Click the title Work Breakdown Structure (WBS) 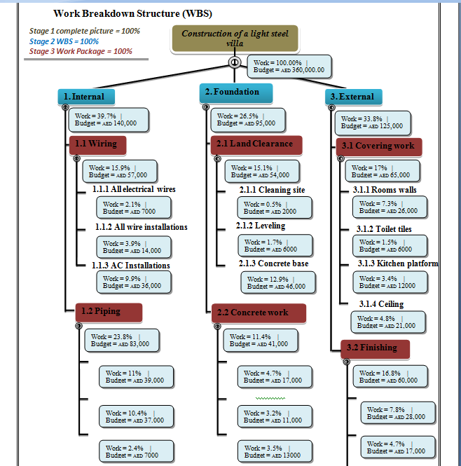tap(132, 13)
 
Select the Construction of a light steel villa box tap(235, 39)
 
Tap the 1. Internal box tap(85, 97)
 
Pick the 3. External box tap(353, 97)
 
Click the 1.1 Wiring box tap(97, 145)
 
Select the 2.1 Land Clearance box tap(256, 144)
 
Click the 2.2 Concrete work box tap(259, 313)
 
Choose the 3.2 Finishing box tap(375, 348)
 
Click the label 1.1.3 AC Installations tap(132, 266)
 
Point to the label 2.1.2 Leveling tap(261, 226)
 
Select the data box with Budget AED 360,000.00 tap(289, 67)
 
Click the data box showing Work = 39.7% tap(108, 120)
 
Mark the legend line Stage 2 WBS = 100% tap(64, 41)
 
